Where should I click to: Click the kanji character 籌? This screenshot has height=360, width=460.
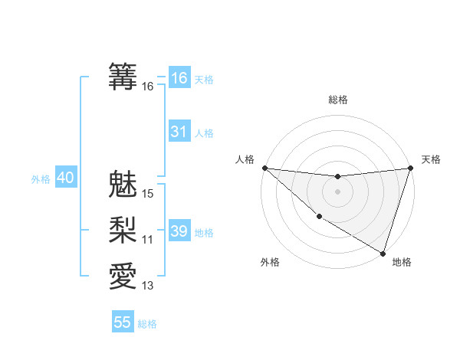[123, 76]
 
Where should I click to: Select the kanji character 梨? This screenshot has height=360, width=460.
[123, 230]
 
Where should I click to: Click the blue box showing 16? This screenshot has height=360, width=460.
[179, 77]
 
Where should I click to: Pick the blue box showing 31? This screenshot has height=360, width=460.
[179, 132]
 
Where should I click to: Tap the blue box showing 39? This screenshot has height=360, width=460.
[179, 231]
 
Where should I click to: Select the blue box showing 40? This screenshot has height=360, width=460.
[65, 178]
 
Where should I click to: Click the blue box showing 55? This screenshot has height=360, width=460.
[123, 322]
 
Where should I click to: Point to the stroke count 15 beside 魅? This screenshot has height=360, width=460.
[148, 195]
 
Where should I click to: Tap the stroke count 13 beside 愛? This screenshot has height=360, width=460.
[148, 286]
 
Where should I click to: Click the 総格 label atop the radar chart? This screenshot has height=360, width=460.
[337, 100]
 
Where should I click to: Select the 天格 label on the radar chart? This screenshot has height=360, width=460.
[431, 159]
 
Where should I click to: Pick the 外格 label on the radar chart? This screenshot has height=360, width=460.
[270, 262]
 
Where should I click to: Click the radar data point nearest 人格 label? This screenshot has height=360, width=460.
[264, 168]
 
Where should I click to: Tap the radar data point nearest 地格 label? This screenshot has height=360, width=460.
[383, 253]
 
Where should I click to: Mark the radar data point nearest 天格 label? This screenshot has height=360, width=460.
[410, 168]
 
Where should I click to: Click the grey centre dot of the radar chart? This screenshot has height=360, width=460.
[337, 191]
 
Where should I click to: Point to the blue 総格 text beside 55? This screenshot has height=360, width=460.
[147, 324]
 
